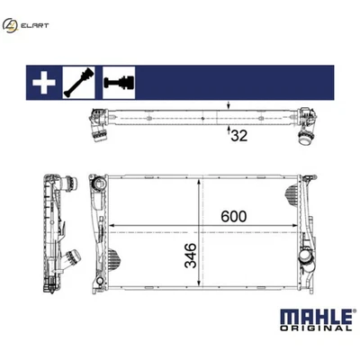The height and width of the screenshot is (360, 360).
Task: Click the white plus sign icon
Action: point(40,83)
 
